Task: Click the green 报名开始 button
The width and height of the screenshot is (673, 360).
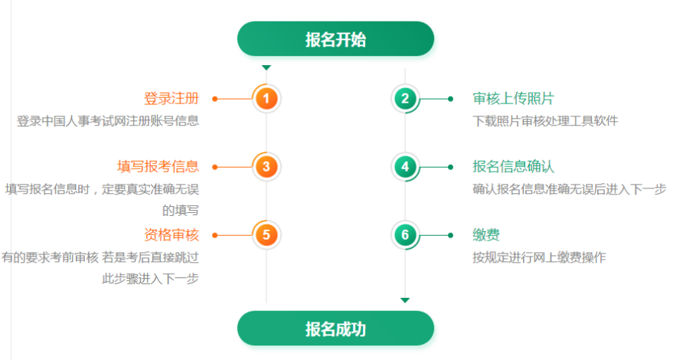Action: [x=335, y=39]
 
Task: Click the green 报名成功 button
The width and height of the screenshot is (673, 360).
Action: [x=335, y=329]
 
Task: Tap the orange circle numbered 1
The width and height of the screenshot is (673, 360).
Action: [x=266, y=98]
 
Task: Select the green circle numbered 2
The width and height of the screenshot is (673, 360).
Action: [x=405, y=98]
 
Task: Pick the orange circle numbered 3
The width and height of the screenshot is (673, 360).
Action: [x=266, y=166]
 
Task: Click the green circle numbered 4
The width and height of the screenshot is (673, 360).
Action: [x=405, y=166]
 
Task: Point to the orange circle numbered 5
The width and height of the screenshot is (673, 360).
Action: [x=266, y=234]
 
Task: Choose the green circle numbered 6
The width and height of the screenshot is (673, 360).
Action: [x=405, y=234]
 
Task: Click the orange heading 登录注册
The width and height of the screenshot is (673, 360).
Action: [x=171, y=98]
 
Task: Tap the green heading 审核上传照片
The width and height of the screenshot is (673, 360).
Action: [x=513, y=98]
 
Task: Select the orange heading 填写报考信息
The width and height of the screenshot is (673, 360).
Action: [x=158, y=166]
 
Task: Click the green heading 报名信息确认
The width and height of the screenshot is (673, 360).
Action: [x=513, y=166]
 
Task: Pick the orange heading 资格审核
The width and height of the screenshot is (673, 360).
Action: [x=171, y=234]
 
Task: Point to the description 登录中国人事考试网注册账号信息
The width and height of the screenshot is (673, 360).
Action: [x=108, y=120]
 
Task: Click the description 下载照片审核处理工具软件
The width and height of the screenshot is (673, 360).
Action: [x=545, y=120]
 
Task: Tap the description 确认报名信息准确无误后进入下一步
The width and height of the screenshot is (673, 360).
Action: [x=570, y=188]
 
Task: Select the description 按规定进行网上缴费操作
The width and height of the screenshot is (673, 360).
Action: [x=539, y=257]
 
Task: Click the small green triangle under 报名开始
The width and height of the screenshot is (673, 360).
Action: [x=266, y=68]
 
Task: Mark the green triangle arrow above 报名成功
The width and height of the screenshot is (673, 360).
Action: [x=405, y=300]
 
